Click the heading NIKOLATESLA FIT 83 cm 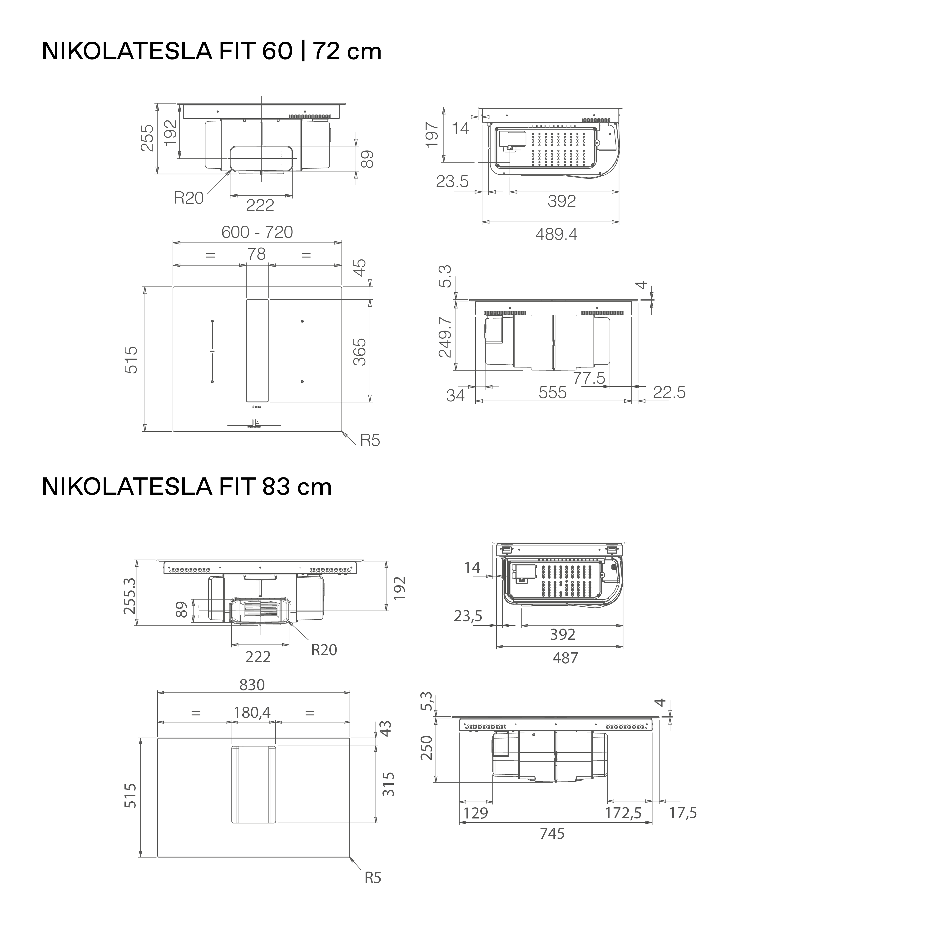(187, 487)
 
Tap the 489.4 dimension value (556, 234)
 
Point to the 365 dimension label (360, 352)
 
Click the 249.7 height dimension (445, 337)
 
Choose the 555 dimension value (552, 393)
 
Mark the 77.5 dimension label (589, 378)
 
